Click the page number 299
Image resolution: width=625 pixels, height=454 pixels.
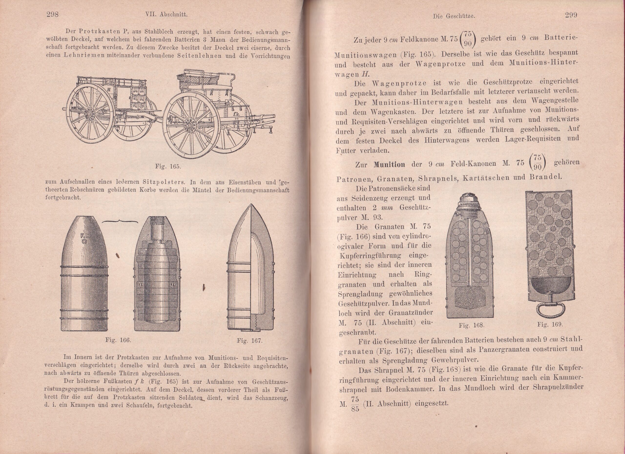[x=571, y=15]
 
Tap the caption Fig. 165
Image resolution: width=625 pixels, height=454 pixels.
[x=167, y=166]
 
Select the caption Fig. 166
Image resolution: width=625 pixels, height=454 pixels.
[x=118, y=340]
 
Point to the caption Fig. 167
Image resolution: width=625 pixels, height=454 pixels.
[x=250, y=341]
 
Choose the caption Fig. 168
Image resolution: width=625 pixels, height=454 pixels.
[x=471, y=325]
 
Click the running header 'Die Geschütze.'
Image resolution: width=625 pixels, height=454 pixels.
[x=454, y=16]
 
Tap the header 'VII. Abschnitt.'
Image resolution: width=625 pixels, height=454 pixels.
[x=167, y=15]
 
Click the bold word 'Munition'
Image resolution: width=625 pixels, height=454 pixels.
[x=389, y=165]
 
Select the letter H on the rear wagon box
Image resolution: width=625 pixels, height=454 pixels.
[x=109, y=89]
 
